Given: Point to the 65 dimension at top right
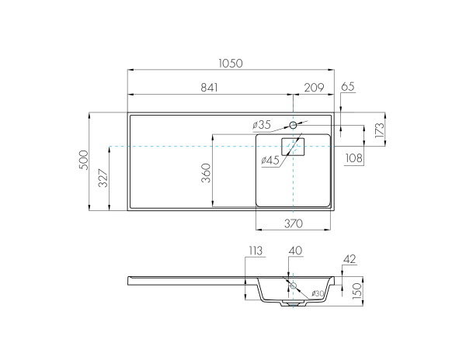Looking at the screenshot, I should [347, 87].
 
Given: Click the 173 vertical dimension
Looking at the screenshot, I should [379, 130].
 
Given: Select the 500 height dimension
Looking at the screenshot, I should [83, 160].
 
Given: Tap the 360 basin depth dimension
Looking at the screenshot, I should [206, 172].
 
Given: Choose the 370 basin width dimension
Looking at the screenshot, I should [293, 223].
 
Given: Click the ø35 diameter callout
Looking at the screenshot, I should [262, 125].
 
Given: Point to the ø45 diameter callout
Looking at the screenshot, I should [271, 160].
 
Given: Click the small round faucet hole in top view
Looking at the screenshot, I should [294, 125].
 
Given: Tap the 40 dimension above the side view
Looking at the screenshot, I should [295, 250].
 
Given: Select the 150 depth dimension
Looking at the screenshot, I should [358, 290].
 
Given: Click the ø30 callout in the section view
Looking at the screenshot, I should [318, 293].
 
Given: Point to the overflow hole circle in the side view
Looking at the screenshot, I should [294, 286].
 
